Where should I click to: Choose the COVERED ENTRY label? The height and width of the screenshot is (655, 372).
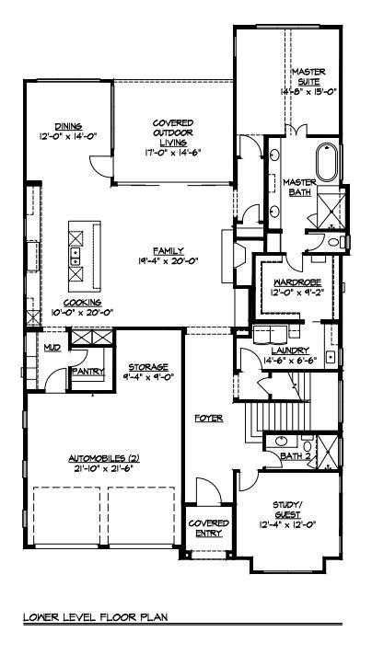point(208,528)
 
